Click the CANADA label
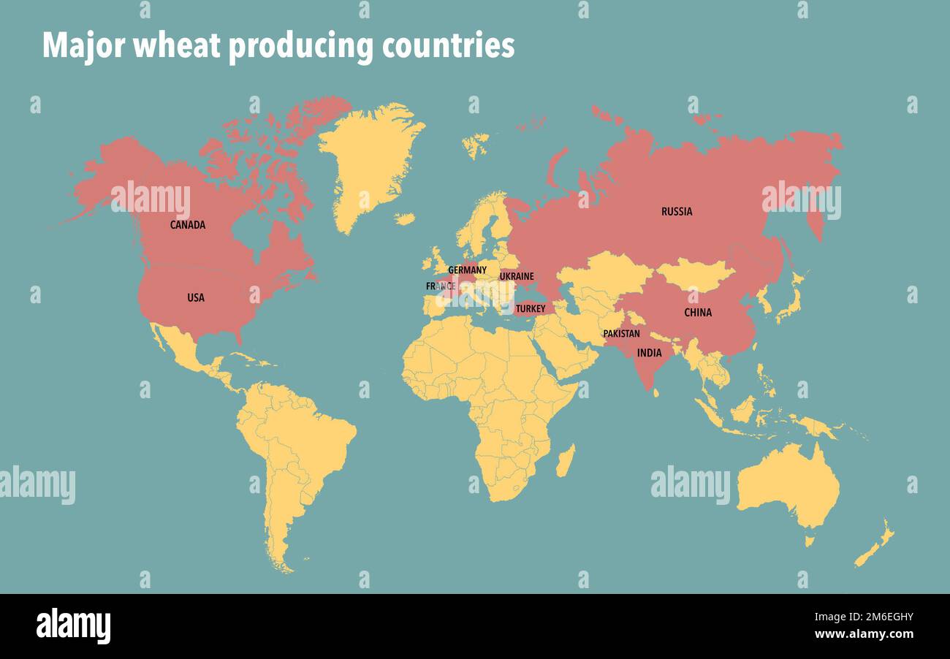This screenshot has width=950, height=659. pos(188,225)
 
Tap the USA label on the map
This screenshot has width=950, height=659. pos(196,298)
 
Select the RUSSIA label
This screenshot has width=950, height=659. pos(677,212)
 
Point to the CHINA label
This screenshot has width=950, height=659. pos(698,313)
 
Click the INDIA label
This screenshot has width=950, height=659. pos(649,353)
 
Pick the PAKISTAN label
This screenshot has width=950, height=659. pos(621,334)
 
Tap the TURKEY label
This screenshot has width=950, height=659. pos(531,309)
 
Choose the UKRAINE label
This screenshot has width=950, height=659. pos(517,277)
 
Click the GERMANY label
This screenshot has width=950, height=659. pos(467,270)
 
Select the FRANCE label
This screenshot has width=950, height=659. pos(441,286)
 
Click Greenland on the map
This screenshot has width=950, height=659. pos(369,161)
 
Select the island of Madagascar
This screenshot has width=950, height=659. pos(565,461)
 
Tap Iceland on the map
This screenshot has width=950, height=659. pos(475,145)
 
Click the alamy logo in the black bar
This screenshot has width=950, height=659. pos(73,626)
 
